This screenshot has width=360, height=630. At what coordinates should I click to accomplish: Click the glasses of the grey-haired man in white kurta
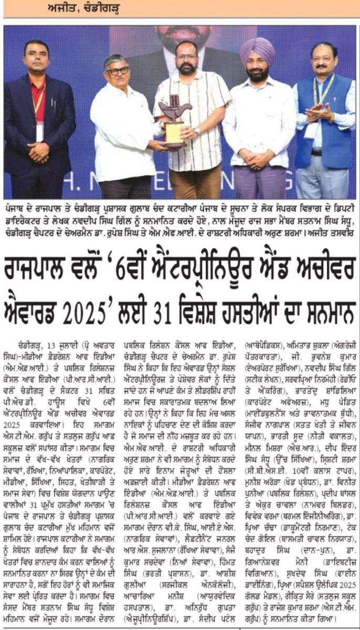[x=119, y=70]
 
